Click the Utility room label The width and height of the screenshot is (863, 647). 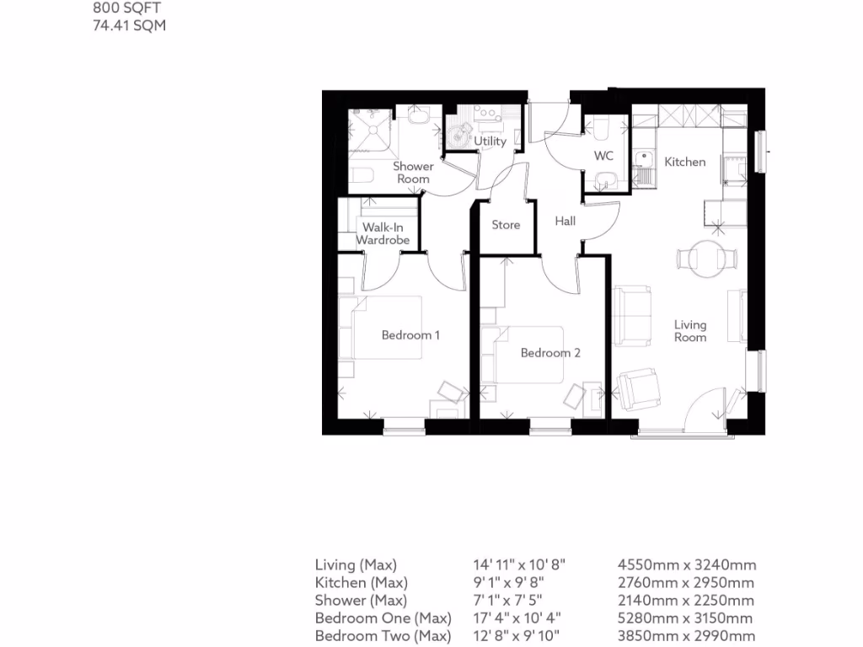pos(490,142)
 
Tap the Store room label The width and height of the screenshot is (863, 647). pos(506,225)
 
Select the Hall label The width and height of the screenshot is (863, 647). pos(566,221)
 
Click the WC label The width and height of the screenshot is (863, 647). pos(603,157)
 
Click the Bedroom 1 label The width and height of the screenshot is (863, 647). pos(410,335)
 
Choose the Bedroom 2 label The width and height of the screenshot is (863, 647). pos(550,353)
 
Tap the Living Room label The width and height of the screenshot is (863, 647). pos(690,331)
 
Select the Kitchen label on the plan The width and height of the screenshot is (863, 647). pos(684,162)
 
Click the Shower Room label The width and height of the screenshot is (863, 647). pos(413,173)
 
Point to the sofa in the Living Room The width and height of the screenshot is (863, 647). pos(632,317)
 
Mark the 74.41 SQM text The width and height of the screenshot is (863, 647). pos(129,26)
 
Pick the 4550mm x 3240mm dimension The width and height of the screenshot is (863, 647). pos(687,565)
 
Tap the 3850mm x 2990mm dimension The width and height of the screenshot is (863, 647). pos(687,636)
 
